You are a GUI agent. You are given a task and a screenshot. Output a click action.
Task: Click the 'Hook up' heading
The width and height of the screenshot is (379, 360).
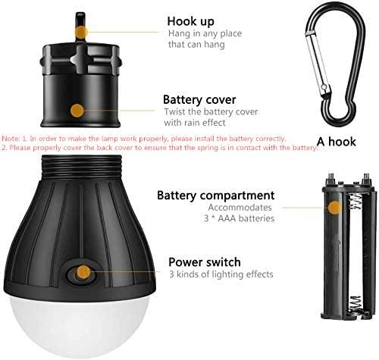click(190, 21)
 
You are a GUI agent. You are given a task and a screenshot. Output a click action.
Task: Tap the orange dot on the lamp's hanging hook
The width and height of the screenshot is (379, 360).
click(81, 32)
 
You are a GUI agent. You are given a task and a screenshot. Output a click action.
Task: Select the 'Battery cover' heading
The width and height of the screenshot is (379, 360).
click(199, 99)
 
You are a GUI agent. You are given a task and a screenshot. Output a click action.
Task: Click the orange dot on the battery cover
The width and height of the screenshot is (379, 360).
click(77, 111)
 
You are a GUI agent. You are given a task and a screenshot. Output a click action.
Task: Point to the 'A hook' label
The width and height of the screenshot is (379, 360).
click(337, 142)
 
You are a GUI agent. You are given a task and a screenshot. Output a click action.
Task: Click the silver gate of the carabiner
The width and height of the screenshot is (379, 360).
click(318, 64)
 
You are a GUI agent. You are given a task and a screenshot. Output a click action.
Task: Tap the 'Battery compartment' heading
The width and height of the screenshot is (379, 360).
click(215, 196)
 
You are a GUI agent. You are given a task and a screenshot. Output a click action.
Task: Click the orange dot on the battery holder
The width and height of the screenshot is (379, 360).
click(335, 208)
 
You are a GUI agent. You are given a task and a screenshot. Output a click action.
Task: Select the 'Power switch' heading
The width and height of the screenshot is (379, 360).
click(205, 262)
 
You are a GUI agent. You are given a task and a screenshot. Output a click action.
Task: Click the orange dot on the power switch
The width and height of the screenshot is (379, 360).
click(83, 272)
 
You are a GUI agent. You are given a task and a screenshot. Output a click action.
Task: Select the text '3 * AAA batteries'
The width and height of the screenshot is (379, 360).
click(239, 218)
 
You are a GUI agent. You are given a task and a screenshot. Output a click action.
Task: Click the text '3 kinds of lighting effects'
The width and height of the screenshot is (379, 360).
click(221, 274)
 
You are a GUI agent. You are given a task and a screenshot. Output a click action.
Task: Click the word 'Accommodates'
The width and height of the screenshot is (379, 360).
click(240, 208)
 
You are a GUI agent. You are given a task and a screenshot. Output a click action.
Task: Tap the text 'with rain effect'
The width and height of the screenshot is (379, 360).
click(195, 123)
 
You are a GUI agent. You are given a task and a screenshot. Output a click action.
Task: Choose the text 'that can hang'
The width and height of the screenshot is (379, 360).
click(196, 45)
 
